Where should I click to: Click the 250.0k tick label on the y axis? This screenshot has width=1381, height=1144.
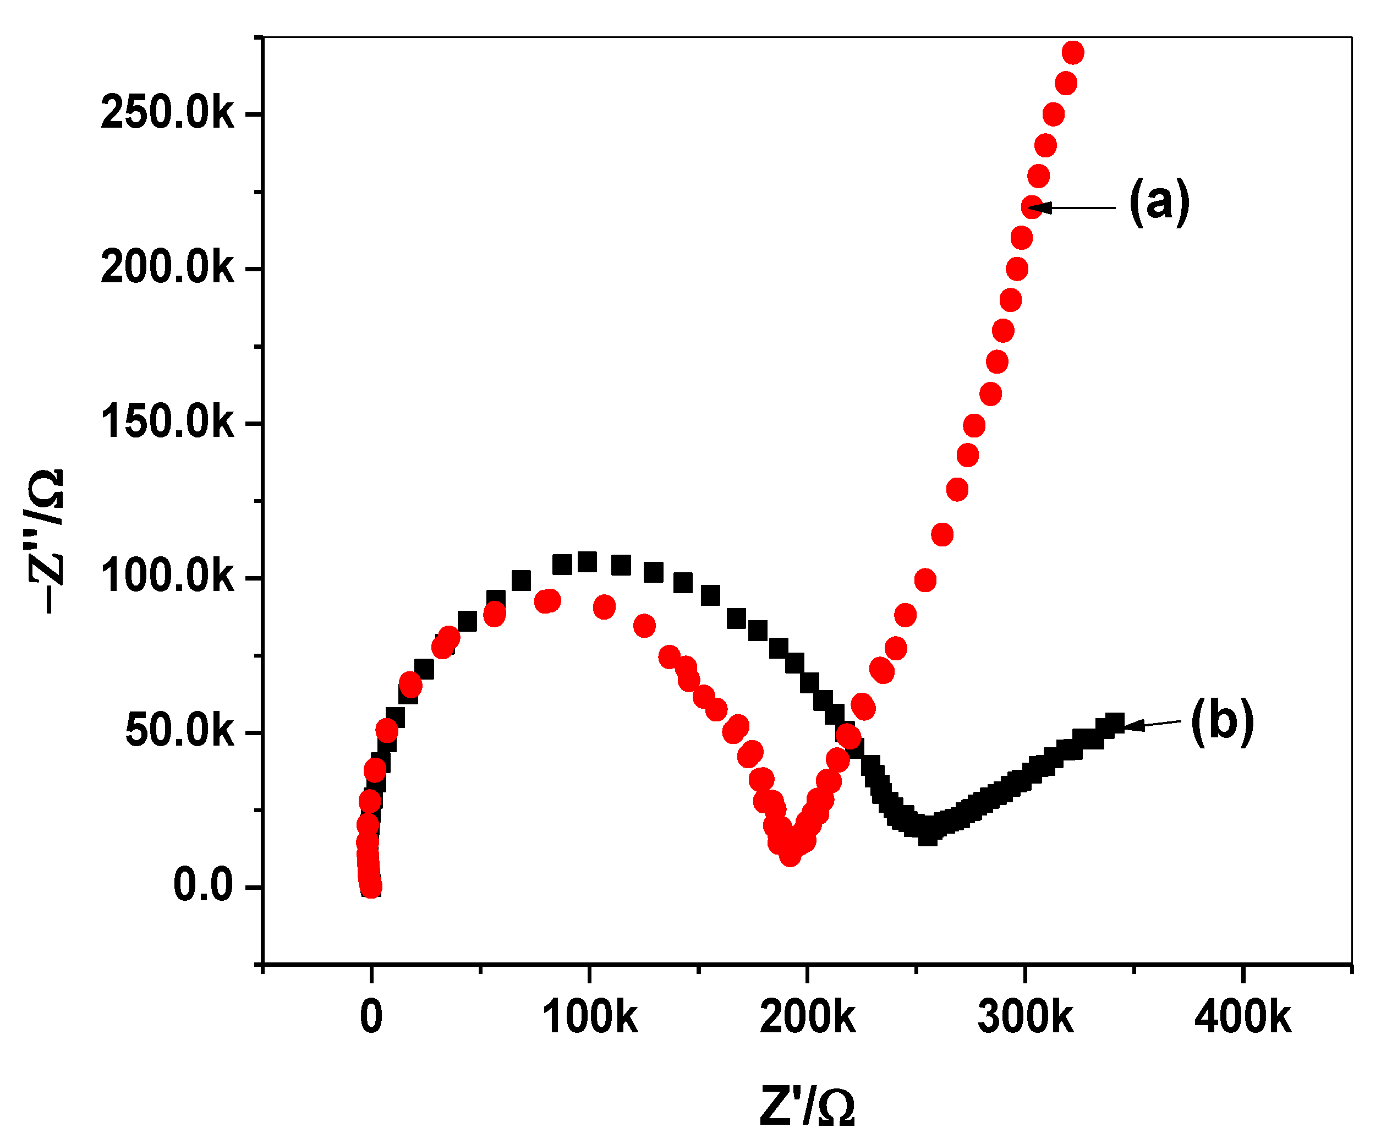pos(167,114)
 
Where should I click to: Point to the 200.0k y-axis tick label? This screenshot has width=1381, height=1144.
pos(167,269)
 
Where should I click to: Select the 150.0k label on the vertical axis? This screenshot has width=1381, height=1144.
pos(167,423)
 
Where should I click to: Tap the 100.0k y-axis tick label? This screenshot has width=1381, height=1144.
pos(167,578)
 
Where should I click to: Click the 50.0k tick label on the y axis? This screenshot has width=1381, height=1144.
pos(179,732)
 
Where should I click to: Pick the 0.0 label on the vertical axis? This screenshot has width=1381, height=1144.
pos(202,886)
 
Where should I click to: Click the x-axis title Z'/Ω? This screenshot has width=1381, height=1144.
pos(808,1107)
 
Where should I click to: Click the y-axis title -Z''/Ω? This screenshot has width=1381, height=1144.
pos(46,541)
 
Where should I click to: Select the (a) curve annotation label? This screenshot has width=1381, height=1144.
pos(1159,202)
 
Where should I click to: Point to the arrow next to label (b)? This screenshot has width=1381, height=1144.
pos(1154,724)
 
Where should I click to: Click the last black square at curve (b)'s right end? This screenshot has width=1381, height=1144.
pos(1115,722)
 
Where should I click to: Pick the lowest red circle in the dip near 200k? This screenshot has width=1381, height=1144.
pos(790,855)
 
